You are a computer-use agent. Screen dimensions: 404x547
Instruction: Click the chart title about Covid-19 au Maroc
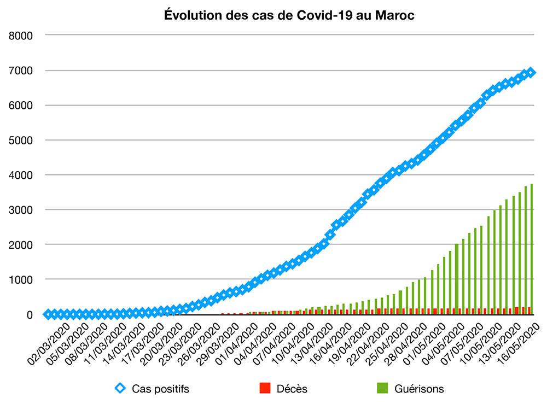click(x=289, y=15)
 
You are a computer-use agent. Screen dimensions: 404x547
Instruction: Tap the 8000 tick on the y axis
click(x=22, y=36)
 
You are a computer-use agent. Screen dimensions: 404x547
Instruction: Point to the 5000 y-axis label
click(x=22, y=140)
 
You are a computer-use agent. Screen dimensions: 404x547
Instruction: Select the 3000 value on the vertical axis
click(x=22, y=210)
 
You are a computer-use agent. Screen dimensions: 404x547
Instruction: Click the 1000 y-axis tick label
click(x=22, y=279)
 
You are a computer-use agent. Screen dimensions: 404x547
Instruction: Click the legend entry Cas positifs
click(x=160, y=389)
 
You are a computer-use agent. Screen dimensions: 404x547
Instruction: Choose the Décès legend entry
click(x=292, y=389)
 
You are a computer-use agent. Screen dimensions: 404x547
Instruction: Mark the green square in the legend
click(x=383, y=389)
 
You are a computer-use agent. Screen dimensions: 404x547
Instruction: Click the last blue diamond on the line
click(x=531, y=73)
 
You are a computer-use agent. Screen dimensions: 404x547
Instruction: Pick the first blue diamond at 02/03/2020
click(x=49, y=314)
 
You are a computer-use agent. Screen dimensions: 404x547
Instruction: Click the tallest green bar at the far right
click(x=531, y=249)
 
